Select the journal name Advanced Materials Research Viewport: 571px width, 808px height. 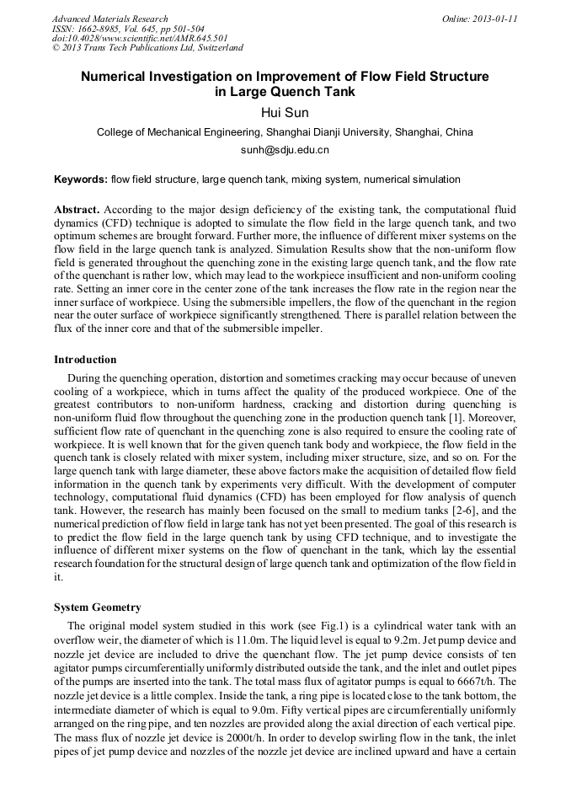(x=109, y=19)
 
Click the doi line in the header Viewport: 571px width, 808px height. (x=139, y=38)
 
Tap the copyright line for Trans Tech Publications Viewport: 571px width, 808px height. (x=147, y=48)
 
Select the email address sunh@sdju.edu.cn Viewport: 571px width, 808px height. (x=285, y=150)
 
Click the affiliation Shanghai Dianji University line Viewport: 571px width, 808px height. (x=285, y=131)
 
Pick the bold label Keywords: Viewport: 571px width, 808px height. (x=81, y=179)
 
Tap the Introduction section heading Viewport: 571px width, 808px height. (x=85, y=360)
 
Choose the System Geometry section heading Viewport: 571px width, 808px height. (x=97, y=607)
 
